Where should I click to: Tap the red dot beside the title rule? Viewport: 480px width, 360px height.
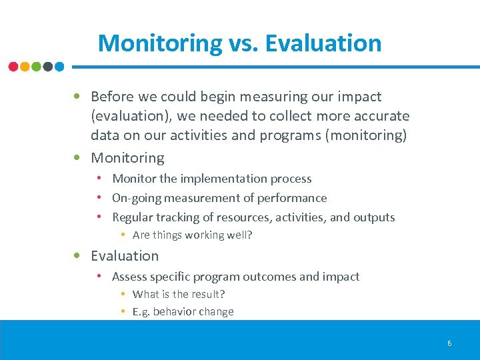pos(13,67)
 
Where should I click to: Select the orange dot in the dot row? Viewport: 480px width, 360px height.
pos(25,67)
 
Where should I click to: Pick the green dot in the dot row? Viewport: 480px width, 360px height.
pos(36,67)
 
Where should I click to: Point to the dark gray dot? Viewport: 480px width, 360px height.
pos(48,67)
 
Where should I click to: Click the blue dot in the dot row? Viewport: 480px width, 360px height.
pos(59,67)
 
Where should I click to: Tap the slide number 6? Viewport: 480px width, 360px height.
pos(449,343)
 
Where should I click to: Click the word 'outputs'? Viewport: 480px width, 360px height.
pos(373,217)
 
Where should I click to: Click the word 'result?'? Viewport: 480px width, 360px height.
pos(208,294)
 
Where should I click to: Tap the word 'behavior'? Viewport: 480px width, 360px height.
pos(176,311)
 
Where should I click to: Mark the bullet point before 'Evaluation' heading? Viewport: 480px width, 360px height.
pos(78,256)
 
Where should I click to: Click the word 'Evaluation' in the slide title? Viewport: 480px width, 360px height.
pos(323,43)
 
